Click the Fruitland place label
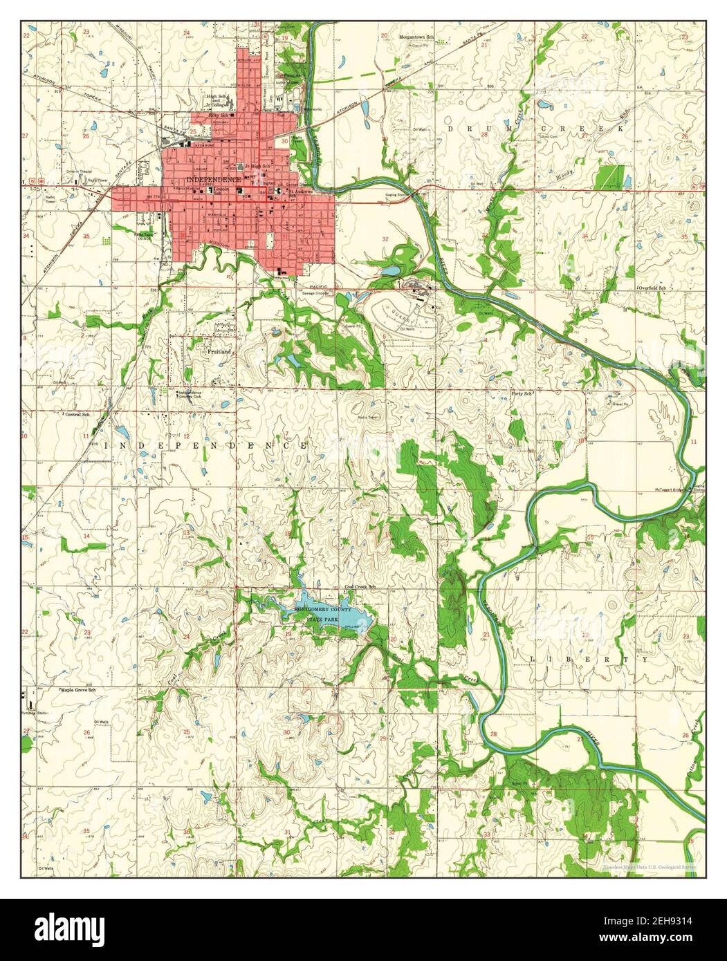point(219,351)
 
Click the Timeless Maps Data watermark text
point(649,866)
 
